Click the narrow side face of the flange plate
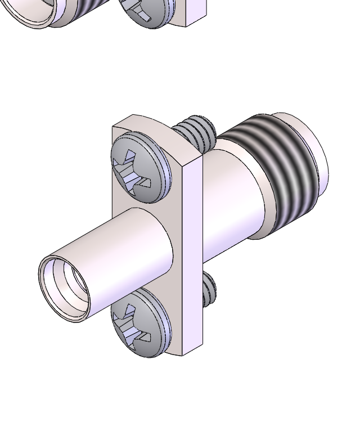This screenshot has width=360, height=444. (x=191, y=253)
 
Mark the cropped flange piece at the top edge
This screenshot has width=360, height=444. (x=194, y=11)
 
